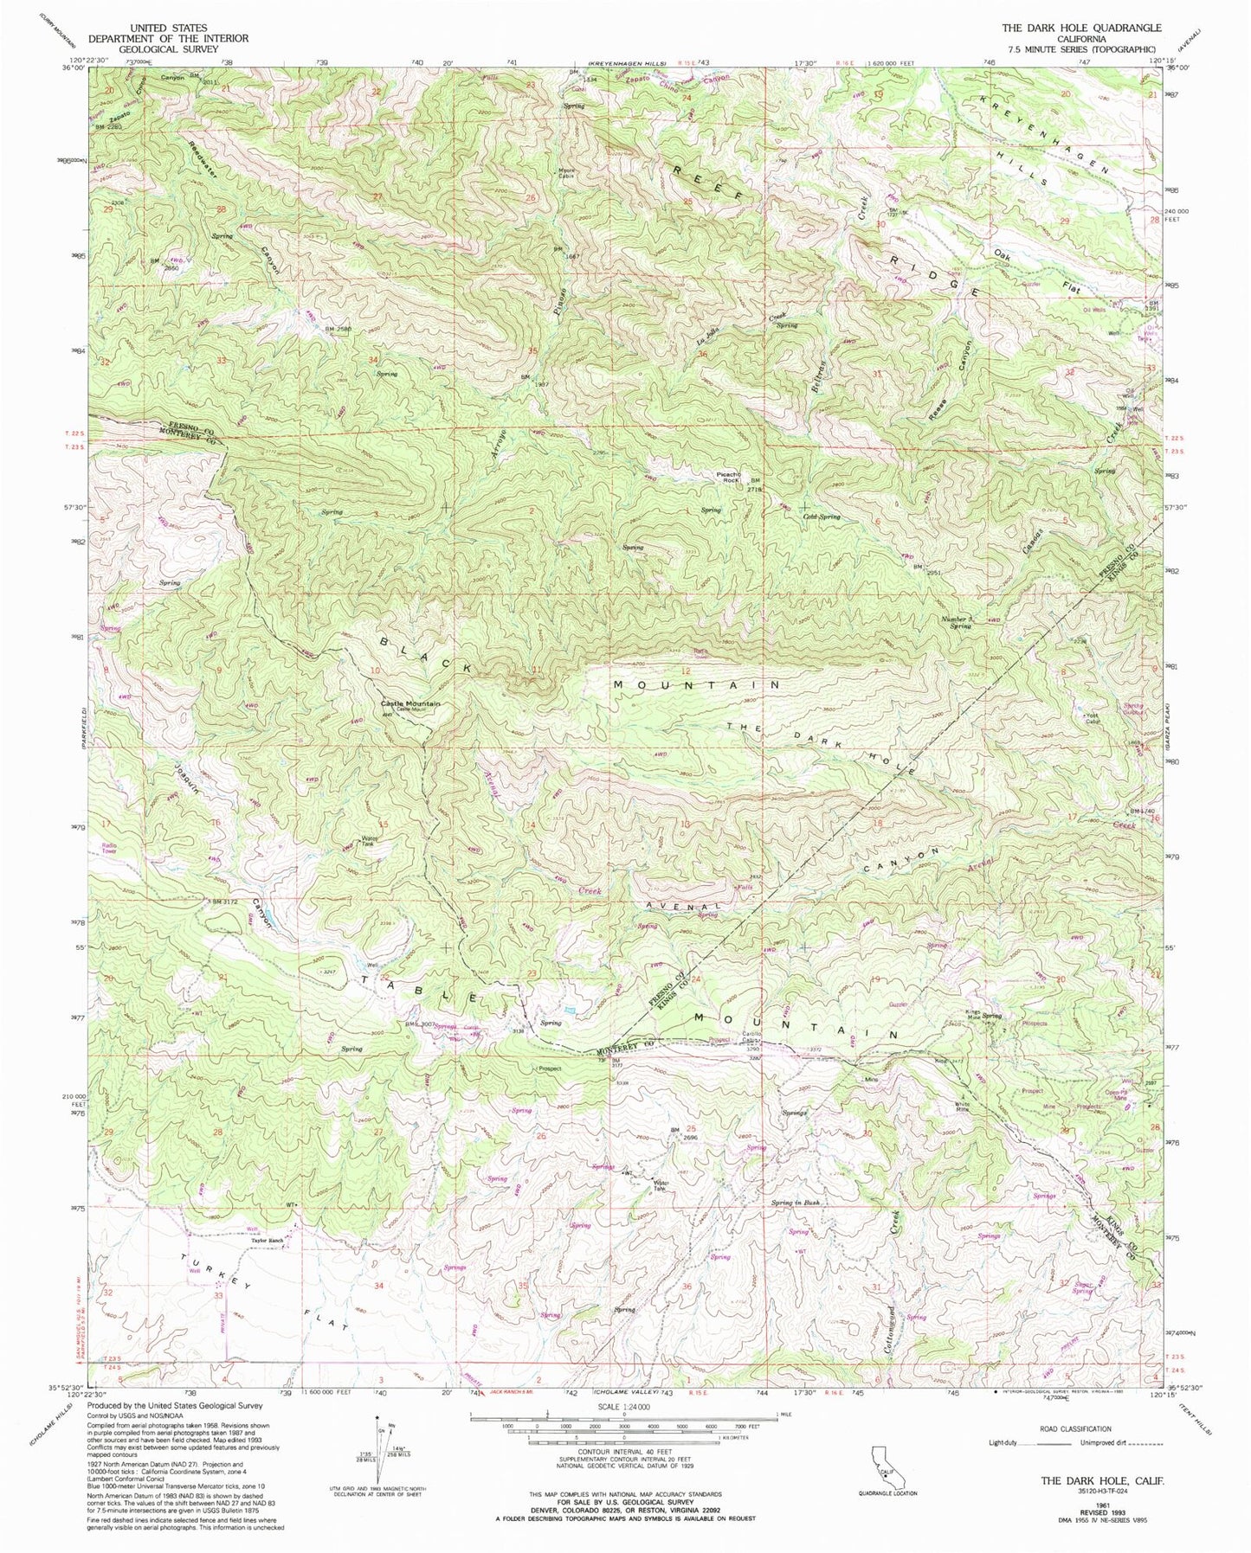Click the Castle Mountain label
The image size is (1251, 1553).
(410, 703)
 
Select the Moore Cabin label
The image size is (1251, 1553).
(565, 171)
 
